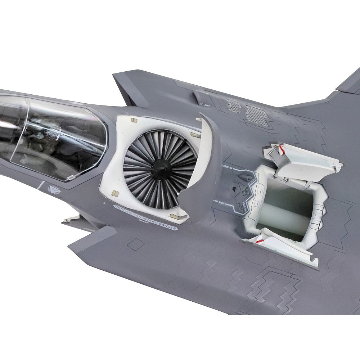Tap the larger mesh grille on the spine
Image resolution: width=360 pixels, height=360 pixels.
pos(257,115)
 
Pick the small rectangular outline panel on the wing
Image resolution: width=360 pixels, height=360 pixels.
pos(136,245)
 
